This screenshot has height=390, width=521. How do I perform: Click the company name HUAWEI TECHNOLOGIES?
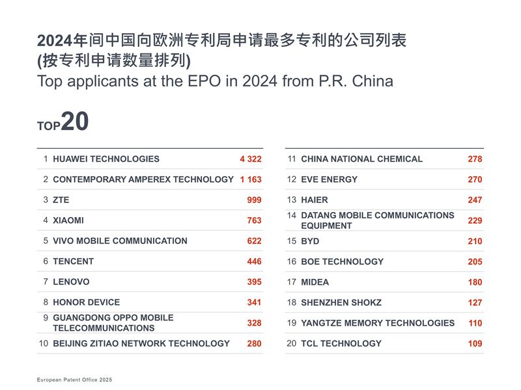point(106,159)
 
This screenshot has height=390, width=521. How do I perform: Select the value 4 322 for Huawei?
point(250,159)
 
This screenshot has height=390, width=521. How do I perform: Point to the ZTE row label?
point(61,200)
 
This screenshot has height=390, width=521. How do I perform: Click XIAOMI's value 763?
point(254,220)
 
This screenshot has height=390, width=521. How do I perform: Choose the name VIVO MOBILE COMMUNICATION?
point(120,240)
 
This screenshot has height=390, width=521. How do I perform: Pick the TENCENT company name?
point(73,261)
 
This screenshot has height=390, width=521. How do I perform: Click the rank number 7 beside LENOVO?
point(46,281)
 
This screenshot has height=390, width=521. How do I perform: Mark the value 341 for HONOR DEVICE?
point(254,302)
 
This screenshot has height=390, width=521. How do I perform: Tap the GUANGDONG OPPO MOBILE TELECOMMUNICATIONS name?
point(113,323)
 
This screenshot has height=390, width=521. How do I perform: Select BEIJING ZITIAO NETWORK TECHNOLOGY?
point(141,343)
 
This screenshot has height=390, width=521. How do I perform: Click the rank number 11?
point(292,159)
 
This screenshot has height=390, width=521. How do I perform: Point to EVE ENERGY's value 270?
point(475,179)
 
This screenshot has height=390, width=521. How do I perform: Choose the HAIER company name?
point(315,200)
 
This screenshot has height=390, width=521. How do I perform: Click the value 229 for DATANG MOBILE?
point(475,221)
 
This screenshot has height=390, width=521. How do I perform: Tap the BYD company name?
point(310,241)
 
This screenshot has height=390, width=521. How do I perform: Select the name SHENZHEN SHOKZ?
point(341,302)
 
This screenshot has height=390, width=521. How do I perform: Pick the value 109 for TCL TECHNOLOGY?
point(475,343)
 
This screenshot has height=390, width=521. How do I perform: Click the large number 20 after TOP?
point(74,122)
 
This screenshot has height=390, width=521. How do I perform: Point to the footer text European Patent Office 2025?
point(74,379)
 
